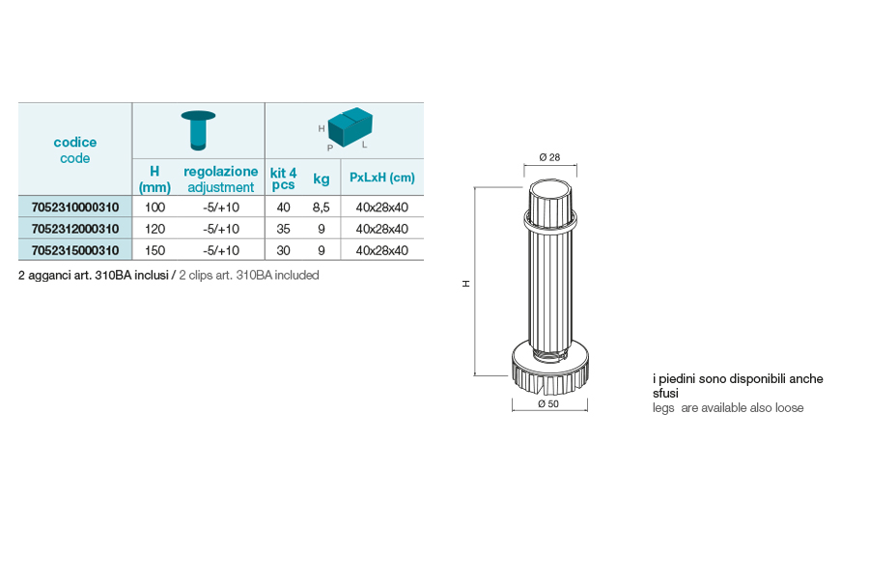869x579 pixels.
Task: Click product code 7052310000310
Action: click(x=75, y=207)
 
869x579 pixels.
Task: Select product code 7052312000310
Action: click(x=75, y=229)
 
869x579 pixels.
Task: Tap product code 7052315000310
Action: click(x=75, y=251)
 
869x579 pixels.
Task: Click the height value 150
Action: click(x=154, y=251)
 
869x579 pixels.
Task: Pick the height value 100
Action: click(x=154, y=207)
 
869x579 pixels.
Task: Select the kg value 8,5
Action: click(x=321, y=207)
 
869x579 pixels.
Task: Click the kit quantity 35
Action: click(x=283, y=229)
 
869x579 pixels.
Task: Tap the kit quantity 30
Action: click(x=283, y=251)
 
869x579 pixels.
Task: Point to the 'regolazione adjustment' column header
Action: click(x=220, y=179)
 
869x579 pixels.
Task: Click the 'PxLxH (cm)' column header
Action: click(x=381, y=178)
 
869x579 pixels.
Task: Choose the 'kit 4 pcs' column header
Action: click(x=283, y=179)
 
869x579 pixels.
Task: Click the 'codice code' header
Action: click(x=74, y=151)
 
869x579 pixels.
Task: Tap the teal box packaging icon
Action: click(x=350, y=126)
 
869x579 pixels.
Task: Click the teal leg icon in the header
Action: click(x=198, y=130)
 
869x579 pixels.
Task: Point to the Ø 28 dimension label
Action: click(x=549, y=157)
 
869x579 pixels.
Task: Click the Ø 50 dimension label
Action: click(x=548, y=404)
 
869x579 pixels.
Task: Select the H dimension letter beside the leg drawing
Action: click(x=466, y=284)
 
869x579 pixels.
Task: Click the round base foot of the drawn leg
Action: click(x=549, y=368)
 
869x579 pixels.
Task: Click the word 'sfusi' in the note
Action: click(x=665, y=394)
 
